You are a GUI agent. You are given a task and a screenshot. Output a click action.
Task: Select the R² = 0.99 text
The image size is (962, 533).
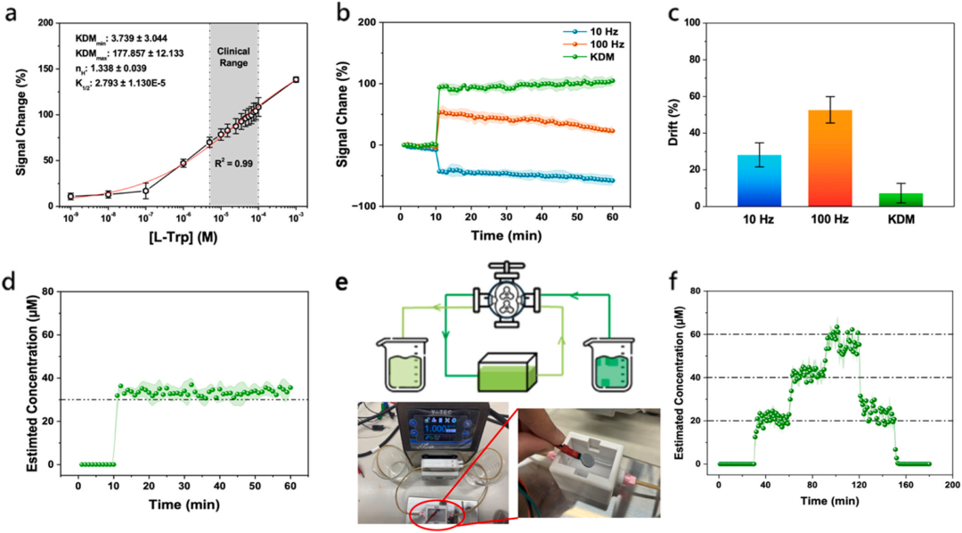[x=234, y=165]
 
